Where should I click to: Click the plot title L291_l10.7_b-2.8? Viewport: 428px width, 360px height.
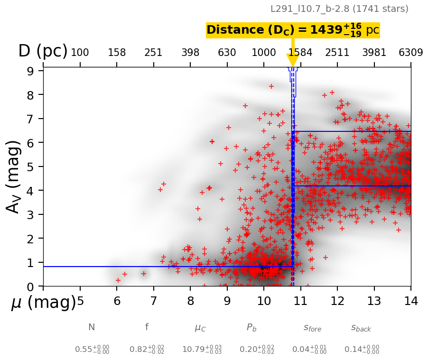click(339, 9)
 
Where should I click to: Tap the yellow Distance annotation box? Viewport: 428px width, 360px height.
click(293, 30)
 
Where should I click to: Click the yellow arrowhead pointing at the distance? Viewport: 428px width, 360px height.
click(293, 60)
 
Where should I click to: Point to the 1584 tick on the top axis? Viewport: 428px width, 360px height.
click(300, 53)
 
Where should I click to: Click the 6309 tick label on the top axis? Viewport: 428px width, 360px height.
click(410, 53)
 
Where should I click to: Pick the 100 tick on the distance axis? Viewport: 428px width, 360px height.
click(80, 53)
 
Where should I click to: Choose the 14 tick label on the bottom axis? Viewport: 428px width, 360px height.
click(410, 301)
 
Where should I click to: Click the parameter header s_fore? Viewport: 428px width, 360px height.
click(312, 328)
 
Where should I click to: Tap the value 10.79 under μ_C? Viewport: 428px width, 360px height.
click(202, 350)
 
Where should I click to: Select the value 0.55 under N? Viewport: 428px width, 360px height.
click(92, 350)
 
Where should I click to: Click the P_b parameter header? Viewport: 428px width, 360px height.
click(251, 327)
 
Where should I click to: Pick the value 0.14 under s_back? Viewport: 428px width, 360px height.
click(362, 350)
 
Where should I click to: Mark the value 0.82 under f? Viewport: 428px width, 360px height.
click(147, 350)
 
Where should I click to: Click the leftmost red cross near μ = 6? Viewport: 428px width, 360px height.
click(118, 280)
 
